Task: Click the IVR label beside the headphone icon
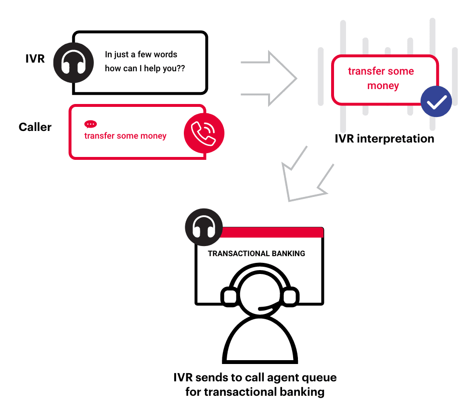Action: pos(35,59)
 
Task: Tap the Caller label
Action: pos(35,127)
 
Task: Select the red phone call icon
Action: pos(204,133)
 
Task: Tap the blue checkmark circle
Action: pos(436,102)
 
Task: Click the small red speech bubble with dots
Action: pos(90,124)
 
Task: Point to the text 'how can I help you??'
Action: pos(145,68)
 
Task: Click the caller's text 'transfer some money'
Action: pos(125,136)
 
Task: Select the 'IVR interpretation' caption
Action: pos(385,139)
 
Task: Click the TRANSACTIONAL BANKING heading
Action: pos(256,253)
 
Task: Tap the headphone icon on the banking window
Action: pos(204,227)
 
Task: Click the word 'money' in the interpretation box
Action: pos(383,86)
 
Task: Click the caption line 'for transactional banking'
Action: pos(255,392)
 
